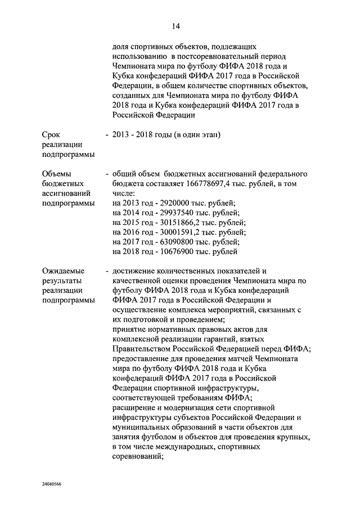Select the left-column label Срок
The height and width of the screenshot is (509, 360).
click(x=53, y=134)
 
